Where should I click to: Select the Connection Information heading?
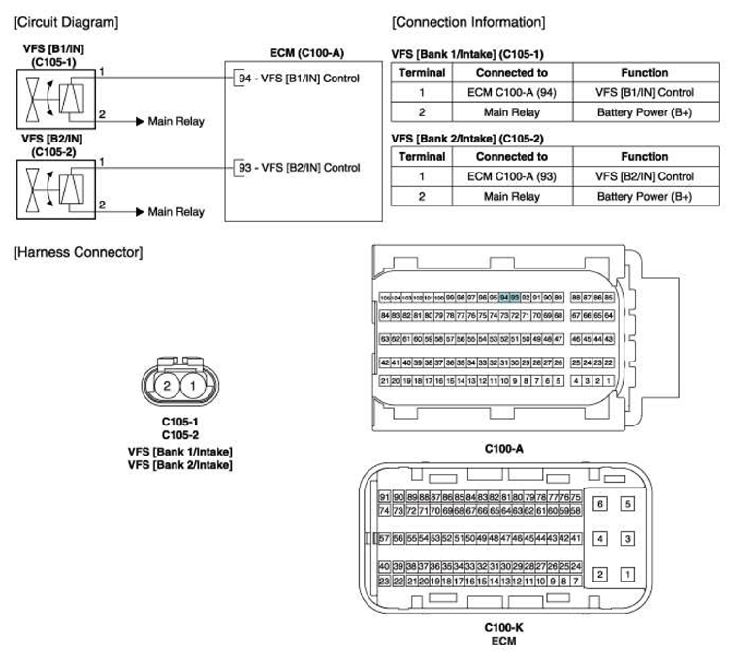pyautogui.click(x=467, y=21)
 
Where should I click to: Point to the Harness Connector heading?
pyautogui.click(x=77, y=253)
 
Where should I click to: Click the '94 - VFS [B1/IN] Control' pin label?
pyautogui.click(x=298, y=79)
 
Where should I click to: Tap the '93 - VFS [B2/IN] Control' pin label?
pyautogui.click(x=298, y=168)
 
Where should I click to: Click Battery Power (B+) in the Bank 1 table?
pyautogui.click(x=645, y=113)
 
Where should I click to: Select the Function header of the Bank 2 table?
pyautogui.click(x=645, y=156)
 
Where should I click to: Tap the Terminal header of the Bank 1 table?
pyautogui.click(x=423, y=73)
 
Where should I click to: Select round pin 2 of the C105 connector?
pyautogui.click(x=167, y=387)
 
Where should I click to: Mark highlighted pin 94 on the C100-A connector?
pyautogui.click(x=504, y=297)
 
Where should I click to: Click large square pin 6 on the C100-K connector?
pyautogui.click(x=600, y=505)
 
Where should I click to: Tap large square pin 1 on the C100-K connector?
pyautogui.click(x=627, y=574)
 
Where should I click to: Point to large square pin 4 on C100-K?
pyautogui.click(x=600, y=539)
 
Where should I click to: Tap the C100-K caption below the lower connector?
pyautogui.click(x=503, y=627)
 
